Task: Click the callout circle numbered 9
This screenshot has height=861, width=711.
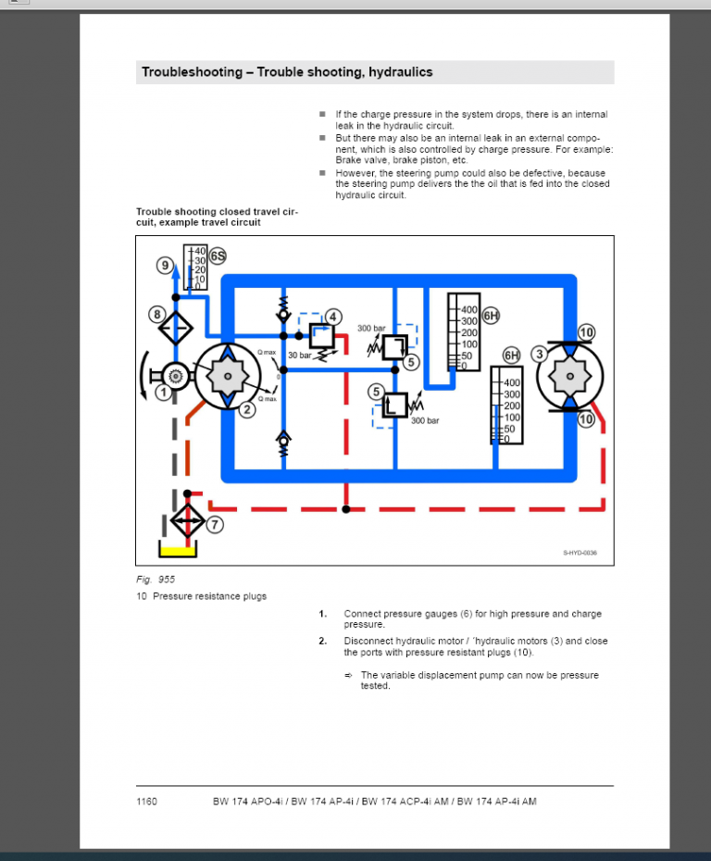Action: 165,266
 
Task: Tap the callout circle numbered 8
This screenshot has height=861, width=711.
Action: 157,315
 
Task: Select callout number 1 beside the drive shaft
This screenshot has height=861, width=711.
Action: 163,393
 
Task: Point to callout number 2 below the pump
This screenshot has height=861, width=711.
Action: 246,410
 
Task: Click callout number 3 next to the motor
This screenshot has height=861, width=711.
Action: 539,353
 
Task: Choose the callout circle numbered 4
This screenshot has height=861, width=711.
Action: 333,317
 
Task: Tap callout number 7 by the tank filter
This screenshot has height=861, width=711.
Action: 215,525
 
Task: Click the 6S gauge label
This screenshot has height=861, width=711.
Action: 218,256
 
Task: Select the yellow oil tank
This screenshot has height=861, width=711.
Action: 178,552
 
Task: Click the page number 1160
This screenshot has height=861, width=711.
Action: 146,802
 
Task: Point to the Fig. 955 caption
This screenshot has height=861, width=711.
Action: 156,580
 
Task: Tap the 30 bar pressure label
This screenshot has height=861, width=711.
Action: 299,356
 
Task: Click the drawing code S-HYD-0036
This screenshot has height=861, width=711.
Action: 580,553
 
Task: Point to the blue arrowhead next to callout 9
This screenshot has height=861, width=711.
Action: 177,266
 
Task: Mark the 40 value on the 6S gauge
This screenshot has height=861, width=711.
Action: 200,251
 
